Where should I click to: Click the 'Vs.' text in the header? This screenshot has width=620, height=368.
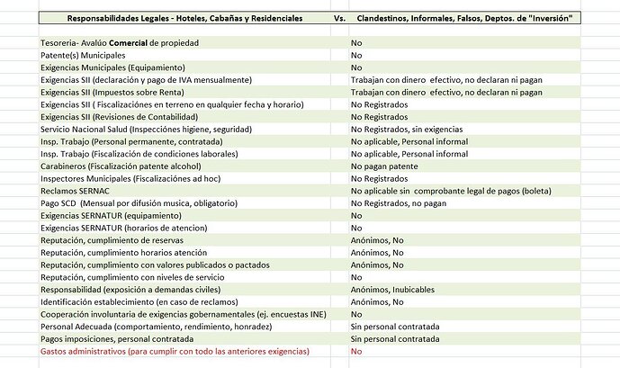coord(339,18)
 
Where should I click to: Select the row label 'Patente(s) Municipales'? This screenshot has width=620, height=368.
coord(84,55)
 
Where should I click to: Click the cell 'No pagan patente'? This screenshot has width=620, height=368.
coord(385,166)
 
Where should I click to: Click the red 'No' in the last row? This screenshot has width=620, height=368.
coord(356,351)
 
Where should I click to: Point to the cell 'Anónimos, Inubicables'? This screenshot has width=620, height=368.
coord(392,289)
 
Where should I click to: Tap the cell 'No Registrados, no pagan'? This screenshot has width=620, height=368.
coord(399,203)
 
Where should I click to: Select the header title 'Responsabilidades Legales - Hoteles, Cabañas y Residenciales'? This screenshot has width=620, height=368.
coord(184,18)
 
